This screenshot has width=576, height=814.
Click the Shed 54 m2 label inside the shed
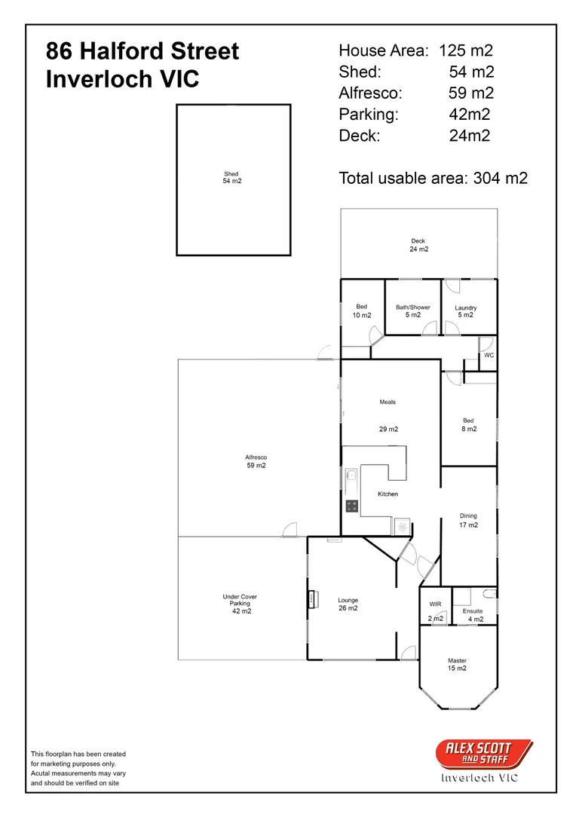[x=231, y=178]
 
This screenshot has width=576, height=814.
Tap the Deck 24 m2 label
[x=418, y=245]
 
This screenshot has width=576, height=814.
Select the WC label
[x=489, y=355]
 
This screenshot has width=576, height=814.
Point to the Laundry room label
[x=465, y=311]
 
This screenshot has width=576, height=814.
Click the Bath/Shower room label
[x=412, y=311]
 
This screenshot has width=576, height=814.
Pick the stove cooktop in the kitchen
[x=351, y=506]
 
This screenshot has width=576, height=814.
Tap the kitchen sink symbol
[x=351, y=475]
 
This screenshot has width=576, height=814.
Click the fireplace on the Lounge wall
[x=311, y=599]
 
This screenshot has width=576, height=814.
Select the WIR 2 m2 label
[x=435, y=610]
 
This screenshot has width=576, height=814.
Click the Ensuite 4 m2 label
[x=473, y=615]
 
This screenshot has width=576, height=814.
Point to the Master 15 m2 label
[x=457, y=664]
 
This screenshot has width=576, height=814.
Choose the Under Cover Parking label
[x=240, y=604]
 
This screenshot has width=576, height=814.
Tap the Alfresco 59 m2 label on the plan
[x=256, y=461]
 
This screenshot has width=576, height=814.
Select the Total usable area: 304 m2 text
[x=433, y=178]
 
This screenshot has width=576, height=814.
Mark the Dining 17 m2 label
[x=468, y=520]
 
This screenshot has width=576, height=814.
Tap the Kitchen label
[x=388, y=494]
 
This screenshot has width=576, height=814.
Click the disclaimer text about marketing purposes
[x=78, y=768]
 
